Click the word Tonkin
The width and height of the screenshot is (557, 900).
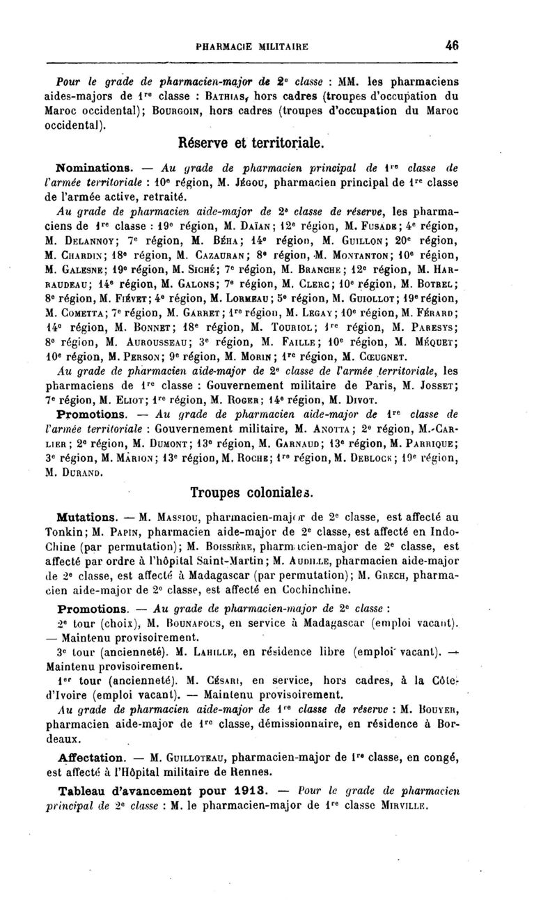[x=74, y=534]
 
